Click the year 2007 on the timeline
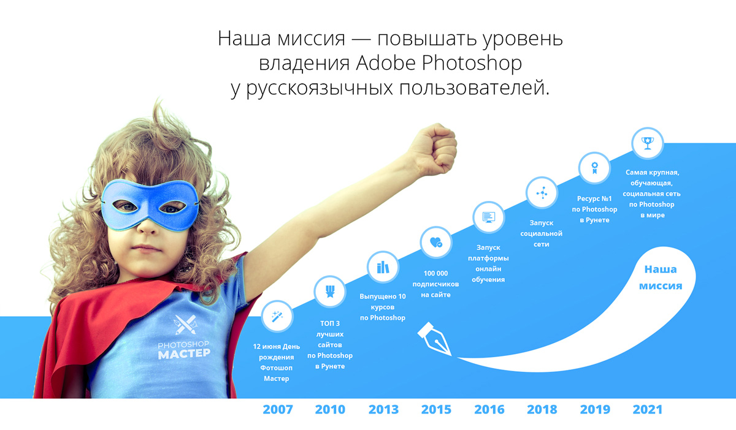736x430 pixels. [278, 409]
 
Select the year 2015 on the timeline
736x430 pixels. [436, 409]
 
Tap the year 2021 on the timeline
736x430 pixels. [647, 409]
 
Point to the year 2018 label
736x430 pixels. [542, 409]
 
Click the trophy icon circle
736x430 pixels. [647, 143]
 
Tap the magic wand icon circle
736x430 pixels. [277, 317]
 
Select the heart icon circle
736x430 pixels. [435, 243]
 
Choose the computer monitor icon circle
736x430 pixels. [489, 217]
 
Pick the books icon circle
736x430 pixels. [383, 267]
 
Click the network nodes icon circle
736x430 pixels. [542, 193]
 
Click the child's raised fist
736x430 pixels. [433, 149]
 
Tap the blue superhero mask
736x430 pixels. [150, 204]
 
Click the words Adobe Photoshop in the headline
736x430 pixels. [439, 62]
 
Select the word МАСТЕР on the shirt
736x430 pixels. [184, 353]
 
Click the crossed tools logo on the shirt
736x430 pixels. [186, 324]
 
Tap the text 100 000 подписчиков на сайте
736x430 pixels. [435, 284]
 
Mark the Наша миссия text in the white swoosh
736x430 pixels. [661, 277]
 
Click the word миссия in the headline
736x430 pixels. [311, 39]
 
